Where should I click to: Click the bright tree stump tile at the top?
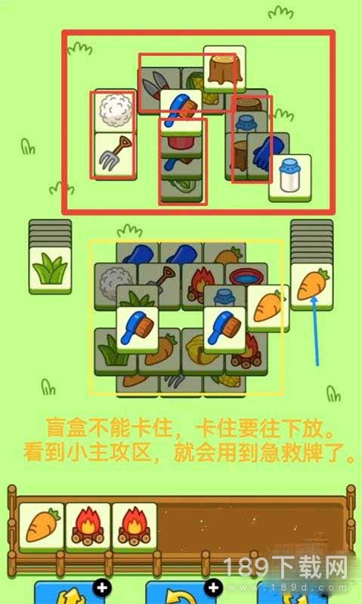(x=224, y=69)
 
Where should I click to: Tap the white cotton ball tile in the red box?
(x=115, y=111)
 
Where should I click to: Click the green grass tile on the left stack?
(x=50, y=270)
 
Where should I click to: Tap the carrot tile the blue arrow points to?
(x=311, y=286)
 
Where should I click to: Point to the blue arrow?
(x=315, y=331)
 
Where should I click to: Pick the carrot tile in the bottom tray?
(x=42, y=526)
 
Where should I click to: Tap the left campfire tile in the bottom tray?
(x=88, y=526)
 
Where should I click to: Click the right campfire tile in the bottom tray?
(x=135, y=526)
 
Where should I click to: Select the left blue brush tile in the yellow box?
(x=138, y=329)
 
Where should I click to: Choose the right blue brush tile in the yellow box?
(x=224, y=329)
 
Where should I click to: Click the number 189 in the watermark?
(x=246, y=569)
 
